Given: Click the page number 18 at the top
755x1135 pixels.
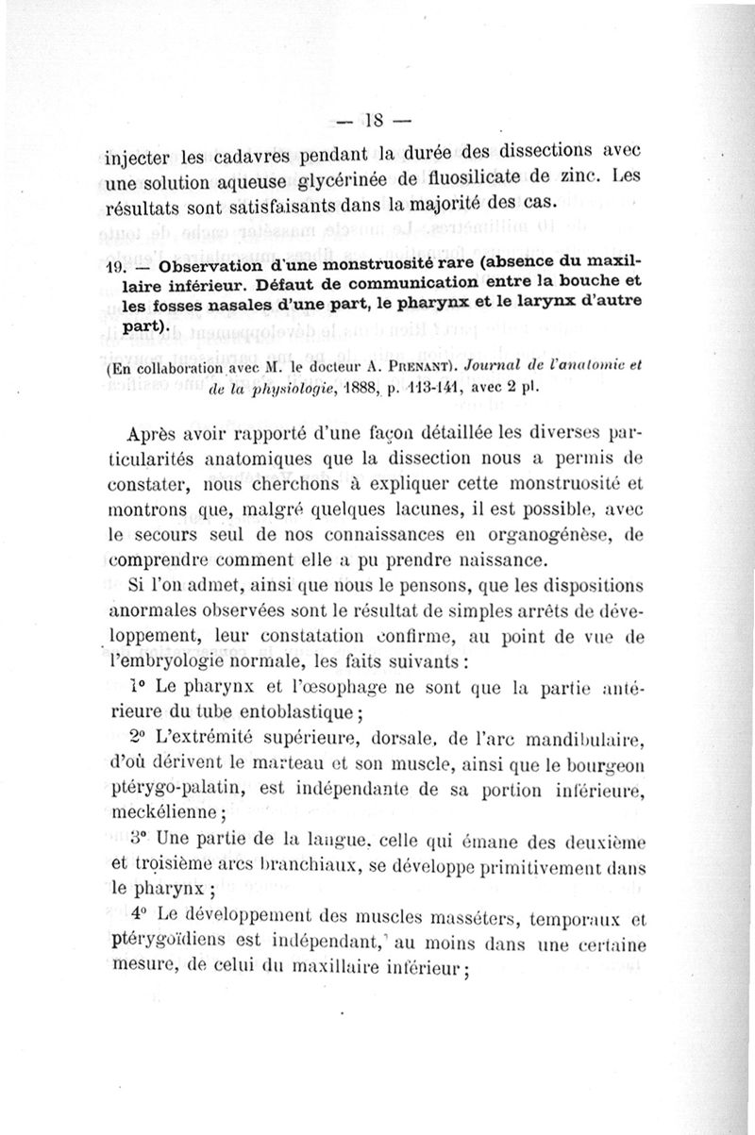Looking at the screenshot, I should click(377, 120).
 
